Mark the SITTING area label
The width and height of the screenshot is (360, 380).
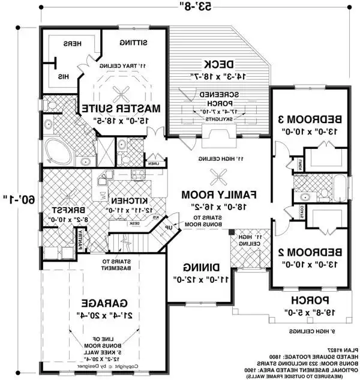[x=133, y=43]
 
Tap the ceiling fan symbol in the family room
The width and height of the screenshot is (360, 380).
[x=217, y=176]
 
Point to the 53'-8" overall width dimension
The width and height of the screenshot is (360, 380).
[x=197, y=7]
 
